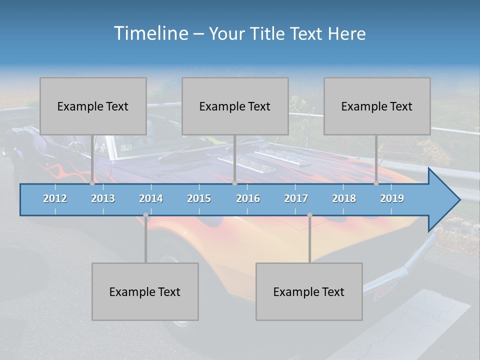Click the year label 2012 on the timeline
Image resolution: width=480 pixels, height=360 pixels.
click(x=55, y=198)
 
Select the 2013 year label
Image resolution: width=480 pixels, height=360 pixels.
click(x=103, y=198)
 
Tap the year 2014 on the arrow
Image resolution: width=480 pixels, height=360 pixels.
click(x=151, y=198)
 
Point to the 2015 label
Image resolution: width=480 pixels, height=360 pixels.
click(x=199, y=198)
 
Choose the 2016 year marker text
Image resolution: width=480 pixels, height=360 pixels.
click(x=248, y=198)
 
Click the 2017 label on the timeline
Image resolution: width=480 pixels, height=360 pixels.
click(x=296, y=198)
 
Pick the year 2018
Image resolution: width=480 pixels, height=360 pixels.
click(x=344, y=198)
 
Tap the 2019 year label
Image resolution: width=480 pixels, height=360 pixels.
click(x=392, y=198)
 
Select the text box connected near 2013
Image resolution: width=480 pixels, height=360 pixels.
click(x=93, y=106)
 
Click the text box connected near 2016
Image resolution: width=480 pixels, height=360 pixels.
click(x=235, y=106)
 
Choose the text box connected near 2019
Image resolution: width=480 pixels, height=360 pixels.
click(x=377, y=106)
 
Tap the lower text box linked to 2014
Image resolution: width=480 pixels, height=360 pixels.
click(x=145, y=291)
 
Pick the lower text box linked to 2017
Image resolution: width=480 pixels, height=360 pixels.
click(x=309, y=291)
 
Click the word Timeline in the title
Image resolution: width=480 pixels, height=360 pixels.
click(x=150, y=33)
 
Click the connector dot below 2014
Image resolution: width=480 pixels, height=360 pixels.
click(x=145, y=215)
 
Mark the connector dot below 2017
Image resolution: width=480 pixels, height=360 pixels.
click(x=309, y=215)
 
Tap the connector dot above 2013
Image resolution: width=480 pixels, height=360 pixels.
click(x=92, y=183)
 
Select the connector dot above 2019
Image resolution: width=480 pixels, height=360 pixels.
click(x=376, y=183)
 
